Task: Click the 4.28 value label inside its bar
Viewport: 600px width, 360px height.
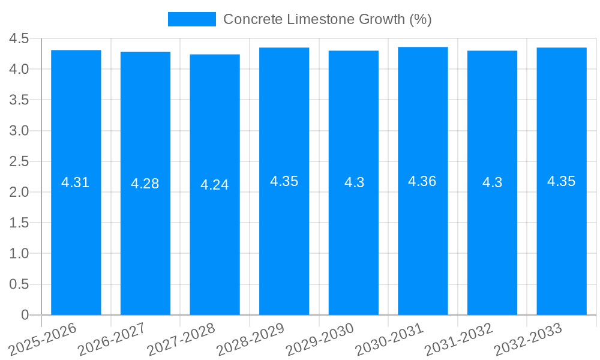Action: click(x=145, y=184)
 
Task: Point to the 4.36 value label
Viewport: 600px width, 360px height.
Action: click(x=422, y=181)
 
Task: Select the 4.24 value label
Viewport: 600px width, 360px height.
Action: click(x=215, y=185)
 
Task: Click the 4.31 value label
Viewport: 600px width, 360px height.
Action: click(x=76, y=182)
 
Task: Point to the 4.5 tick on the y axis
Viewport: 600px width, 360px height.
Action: click(x=19, y=38)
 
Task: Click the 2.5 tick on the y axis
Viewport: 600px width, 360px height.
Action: click(x=19, y=161)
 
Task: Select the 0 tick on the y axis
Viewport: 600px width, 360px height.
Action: click(x=25, y=315)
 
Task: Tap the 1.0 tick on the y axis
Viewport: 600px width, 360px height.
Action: click(x=19, y=254)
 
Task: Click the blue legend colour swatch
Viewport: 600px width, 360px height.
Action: click(x=191, y=19)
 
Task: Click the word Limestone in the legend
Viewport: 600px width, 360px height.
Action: click(x=317, y=19)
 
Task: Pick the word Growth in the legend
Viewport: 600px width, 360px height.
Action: click(x=382, y=19)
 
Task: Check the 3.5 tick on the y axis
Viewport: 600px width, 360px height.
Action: click(x=19, y=100)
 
